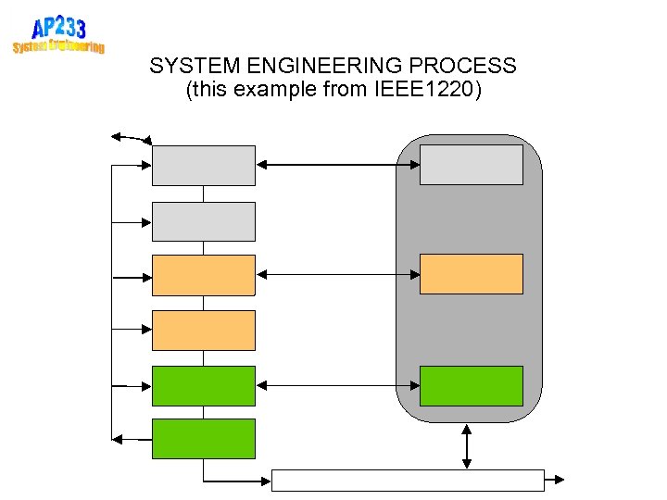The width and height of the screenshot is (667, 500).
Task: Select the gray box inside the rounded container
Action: pos(471,165)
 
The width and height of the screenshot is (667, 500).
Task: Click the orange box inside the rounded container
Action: pos(471,274)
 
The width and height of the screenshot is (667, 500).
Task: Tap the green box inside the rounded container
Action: pos(471,385)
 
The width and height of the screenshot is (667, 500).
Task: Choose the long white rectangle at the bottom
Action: pos(408,480)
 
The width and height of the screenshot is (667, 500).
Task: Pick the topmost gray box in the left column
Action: pos(203,166)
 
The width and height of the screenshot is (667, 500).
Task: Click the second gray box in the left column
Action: pos(203,221)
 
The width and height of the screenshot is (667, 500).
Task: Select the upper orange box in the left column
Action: pos(203,275)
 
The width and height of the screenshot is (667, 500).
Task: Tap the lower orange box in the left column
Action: pos(203,330)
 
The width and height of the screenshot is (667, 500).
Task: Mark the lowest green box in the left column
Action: pos(203,439)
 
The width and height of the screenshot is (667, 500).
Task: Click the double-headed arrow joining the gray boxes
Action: pos(337,165)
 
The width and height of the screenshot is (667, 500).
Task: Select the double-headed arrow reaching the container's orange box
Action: pos(337,274)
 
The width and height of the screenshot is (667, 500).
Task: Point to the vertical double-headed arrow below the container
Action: pos(467,446)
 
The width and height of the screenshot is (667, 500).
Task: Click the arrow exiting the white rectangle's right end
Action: pos(554,480)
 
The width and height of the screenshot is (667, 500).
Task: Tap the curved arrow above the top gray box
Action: pos(131,138)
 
